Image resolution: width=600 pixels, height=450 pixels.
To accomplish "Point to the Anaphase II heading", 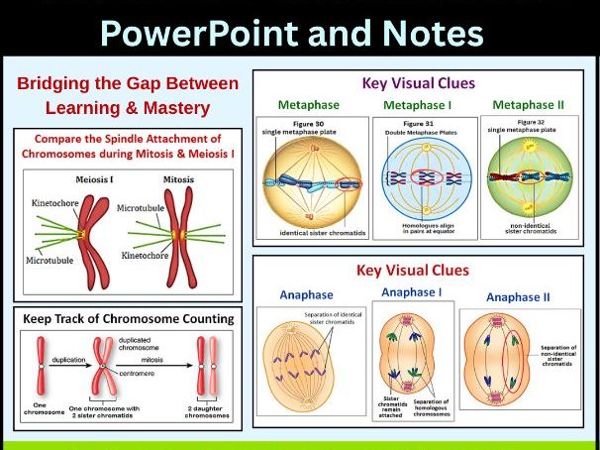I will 519,297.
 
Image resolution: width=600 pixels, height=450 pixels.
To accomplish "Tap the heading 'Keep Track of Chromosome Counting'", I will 130,319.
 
